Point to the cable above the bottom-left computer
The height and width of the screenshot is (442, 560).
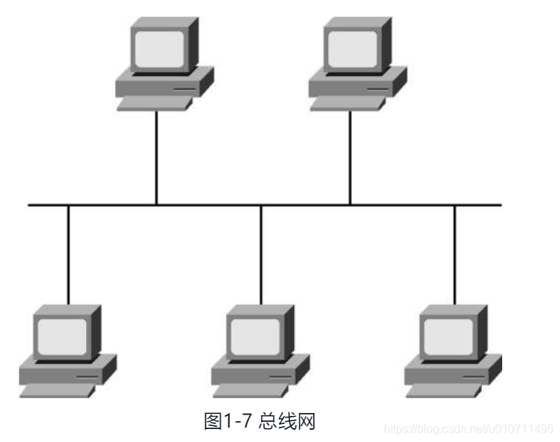69,253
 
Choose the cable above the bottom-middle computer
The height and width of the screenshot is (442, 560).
262,253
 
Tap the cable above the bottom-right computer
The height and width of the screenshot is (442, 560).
455,253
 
